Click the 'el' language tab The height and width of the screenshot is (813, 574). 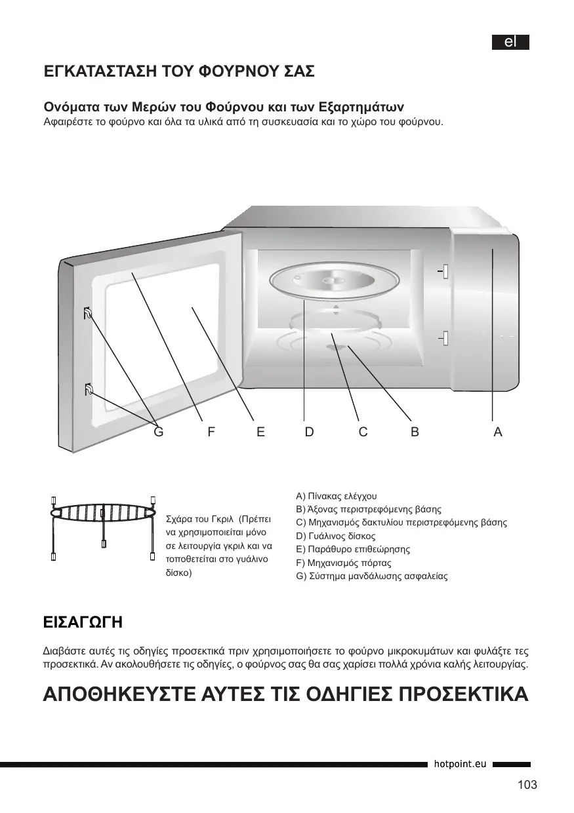tap(511, 42)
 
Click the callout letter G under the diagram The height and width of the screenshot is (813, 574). tap(157, 432)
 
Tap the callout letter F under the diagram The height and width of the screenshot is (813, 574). tap(211, 432)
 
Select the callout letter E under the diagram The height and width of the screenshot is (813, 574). tap(260, 432)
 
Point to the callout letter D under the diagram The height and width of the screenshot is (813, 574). tap(309, 432)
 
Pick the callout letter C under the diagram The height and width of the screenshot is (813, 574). tap(363, 432)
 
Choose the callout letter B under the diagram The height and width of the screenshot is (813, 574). tap(415, 432)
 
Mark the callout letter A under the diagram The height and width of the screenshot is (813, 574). tap(498, 432)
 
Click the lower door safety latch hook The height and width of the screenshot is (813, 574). tap(89, 390)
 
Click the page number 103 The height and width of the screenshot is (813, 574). tap(527, 785)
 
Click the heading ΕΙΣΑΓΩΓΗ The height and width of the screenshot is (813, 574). tap(82, 621)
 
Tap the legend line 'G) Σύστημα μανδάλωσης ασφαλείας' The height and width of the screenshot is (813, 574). tap(372, 577)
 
